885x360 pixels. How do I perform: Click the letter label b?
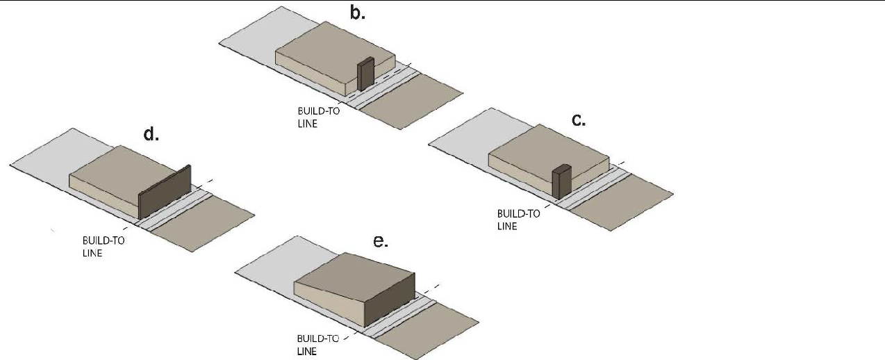pyautogui.click(x=358, y=13)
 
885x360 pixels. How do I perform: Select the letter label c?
pyautogui.click(x=579, y=120)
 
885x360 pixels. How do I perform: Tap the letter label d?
pyautogui.click(x=151, y=134)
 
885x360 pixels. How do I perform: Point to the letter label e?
pyautogui.click(x=381, y=241)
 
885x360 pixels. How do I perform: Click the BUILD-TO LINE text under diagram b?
pyautogui.click(x=318, y=117)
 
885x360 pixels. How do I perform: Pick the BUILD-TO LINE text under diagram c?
pyautogui.click(x=518, y=220)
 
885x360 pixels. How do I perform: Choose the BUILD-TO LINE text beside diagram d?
pyautogui.click(x=104, y=247)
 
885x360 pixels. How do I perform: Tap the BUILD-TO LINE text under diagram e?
pyautogui.click(x=317, y=345)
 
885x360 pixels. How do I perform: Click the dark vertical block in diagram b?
pyautogui.click(x=365, y=74)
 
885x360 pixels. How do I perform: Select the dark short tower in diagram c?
pyautogui.click(x=561, y=181)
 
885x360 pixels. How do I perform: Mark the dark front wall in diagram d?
pyautogui.click(x=165, y=192)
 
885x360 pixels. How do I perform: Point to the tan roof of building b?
pyautogui.click(x=335, y=52)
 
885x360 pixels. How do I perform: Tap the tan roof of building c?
pyautogui.click(x=549, y=155)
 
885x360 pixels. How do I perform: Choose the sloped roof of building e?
pyautogui.click(x=354, y=277)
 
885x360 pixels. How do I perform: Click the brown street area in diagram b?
pyautogui.click(x=412, y=101)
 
